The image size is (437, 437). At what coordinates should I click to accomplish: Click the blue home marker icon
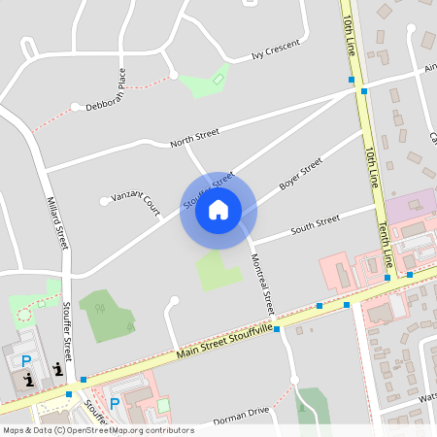[218, 210]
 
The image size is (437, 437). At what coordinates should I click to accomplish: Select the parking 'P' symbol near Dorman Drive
[115, 403]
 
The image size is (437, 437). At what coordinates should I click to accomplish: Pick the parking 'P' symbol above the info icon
[26, 360]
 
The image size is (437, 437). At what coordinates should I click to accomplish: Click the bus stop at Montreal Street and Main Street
[277, 329]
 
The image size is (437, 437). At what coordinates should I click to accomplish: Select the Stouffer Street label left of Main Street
[67, 331]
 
